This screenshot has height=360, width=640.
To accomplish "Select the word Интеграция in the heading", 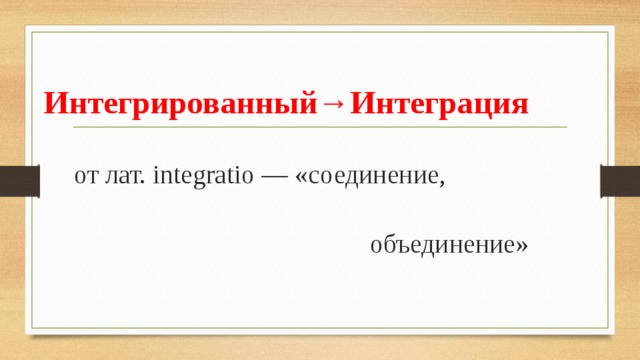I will click(439, 104).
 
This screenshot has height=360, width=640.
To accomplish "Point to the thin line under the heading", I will click(320, 128).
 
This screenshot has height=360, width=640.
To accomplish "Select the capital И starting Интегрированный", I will click(55, 104).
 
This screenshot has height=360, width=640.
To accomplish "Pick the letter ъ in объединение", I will click(394, 246).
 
